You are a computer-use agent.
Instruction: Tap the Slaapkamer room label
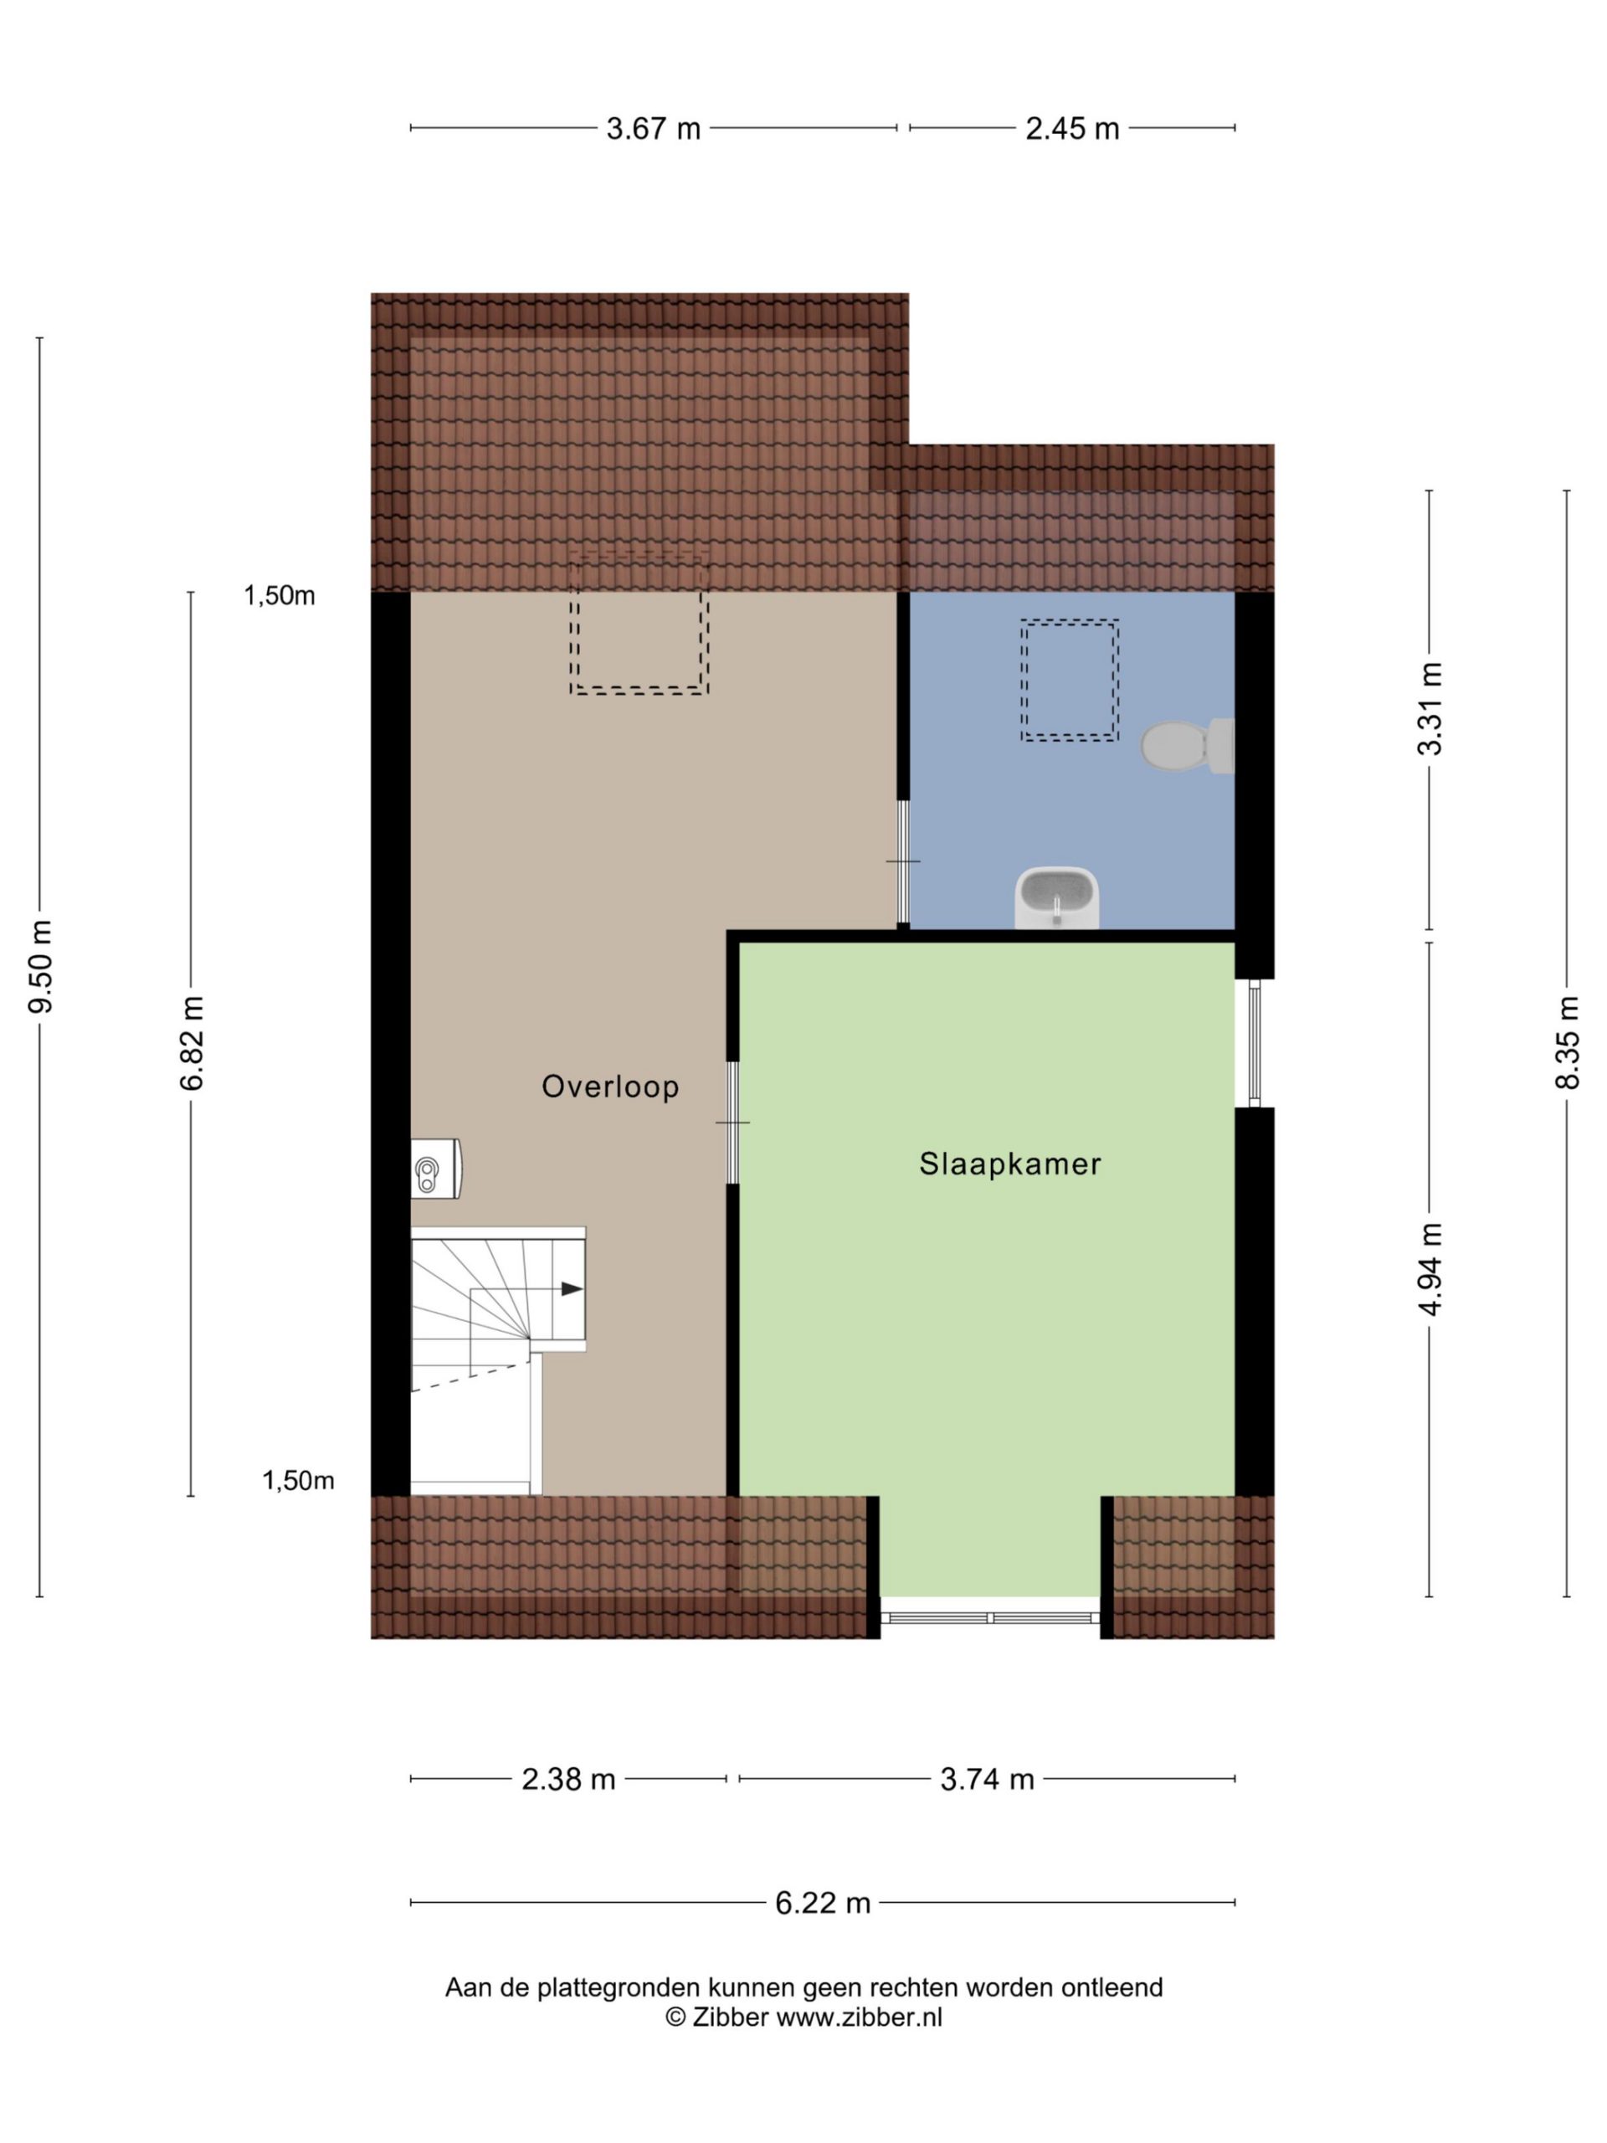point(1010,1164)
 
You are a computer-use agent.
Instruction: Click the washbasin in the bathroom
point(1057,897)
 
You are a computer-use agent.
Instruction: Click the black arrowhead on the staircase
point(572,1288)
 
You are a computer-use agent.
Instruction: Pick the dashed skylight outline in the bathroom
point(1070,680)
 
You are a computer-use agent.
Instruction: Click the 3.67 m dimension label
point(653,129)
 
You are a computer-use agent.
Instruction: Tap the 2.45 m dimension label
point(1072,129)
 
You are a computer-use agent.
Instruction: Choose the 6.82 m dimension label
point(192,1042)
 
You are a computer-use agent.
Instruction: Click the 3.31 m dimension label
point(1430,708)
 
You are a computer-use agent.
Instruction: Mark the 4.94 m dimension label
point(1430,1268)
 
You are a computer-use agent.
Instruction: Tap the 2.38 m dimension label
point(568,1780)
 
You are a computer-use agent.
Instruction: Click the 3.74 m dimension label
point(987,1780)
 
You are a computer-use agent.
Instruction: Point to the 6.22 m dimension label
point(823,1904)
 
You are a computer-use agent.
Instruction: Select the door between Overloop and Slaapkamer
point(733,1123)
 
